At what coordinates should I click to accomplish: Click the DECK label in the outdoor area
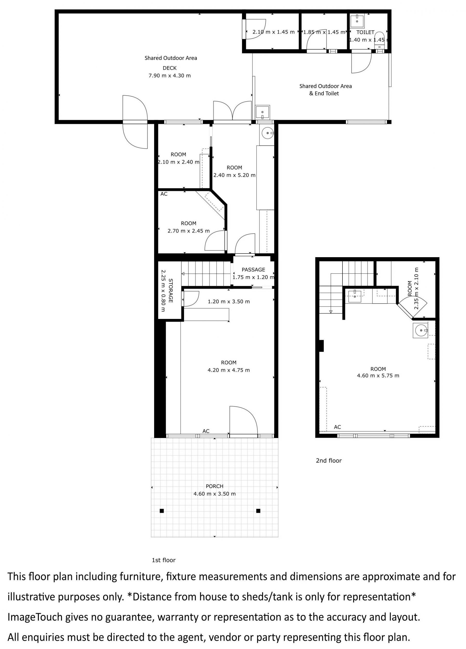169,68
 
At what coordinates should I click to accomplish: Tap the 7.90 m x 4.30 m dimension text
169,76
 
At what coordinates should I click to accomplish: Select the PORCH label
214,486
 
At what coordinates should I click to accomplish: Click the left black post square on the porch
162,511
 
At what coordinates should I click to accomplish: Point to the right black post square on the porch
258,511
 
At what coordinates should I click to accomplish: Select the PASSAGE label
253,270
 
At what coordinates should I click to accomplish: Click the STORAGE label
171,290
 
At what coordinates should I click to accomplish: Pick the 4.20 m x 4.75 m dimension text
229,370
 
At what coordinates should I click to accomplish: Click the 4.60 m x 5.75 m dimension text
378,376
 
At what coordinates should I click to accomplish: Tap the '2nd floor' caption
329,461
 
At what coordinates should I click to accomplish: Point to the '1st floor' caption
163,560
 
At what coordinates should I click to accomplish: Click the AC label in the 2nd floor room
337,427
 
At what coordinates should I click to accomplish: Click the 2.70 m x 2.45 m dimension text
188,231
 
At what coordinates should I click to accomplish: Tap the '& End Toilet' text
324,94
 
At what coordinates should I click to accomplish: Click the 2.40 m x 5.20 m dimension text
234,175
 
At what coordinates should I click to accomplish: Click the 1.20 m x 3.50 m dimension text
229,301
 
